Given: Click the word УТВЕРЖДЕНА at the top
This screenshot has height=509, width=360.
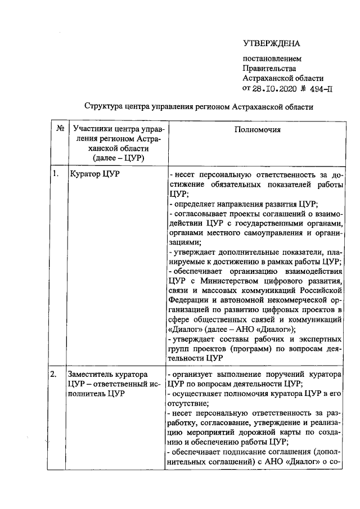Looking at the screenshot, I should pos(272,44).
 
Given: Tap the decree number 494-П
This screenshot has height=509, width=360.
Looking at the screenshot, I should pos(318,88).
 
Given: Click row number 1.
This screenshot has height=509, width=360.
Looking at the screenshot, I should pos(56,173).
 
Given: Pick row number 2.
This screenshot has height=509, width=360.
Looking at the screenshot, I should pos(56,374).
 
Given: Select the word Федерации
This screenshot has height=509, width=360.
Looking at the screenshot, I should pos(191,300).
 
